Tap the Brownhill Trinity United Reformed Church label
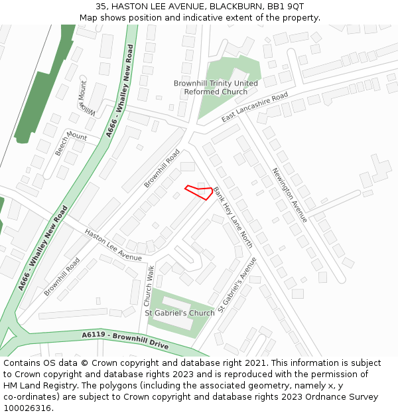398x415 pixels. [216, 88]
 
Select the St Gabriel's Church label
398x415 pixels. [180, 313]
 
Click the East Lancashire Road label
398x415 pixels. [255, 108]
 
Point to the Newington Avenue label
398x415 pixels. [289, 195]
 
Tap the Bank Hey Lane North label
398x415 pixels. [233, 217]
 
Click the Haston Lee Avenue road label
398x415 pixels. [113, 245]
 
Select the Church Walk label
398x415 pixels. [150, 286]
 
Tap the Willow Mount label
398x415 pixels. [87, 98]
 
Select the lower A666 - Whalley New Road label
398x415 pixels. [43, 248]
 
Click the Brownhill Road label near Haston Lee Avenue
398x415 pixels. [62, 277]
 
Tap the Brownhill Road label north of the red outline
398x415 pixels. [162, 168]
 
